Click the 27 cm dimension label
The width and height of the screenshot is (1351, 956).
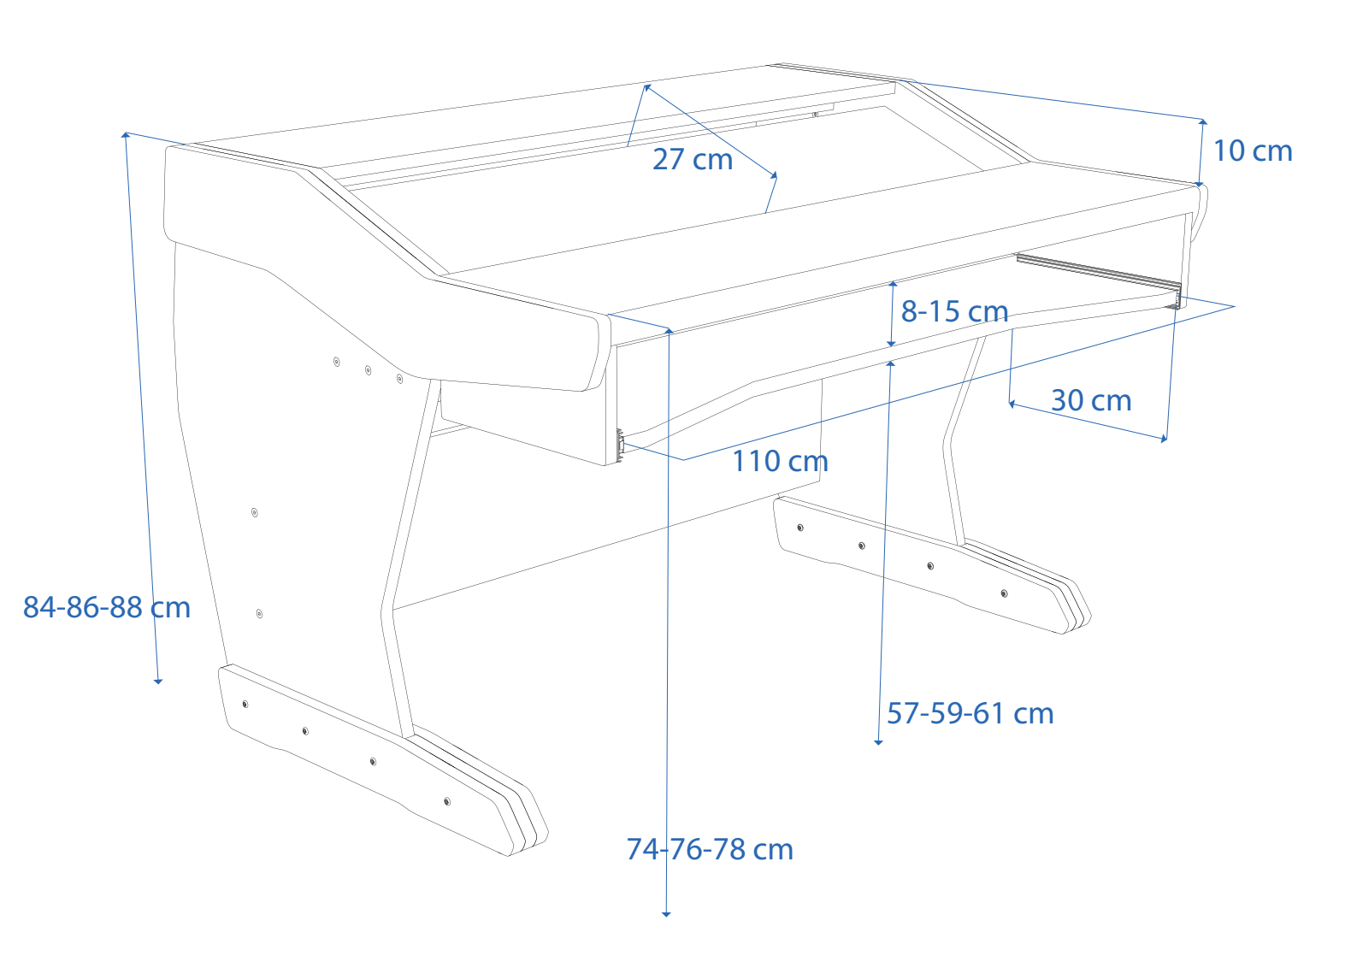[693, 159]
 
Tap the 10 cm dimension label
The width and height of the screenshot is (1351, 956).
[1253, 150]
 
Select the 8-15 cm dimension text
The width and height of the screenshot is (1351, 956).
[954, 311]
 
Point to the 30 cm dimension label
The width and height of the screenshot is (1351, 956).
[1091, 400]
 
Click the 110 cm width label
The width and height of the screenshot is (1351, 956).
[780, 461]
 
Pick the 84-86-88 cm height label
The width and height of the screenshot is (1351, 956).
[107, 607]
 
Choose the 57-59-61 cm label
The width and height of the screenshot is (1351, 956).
[970, 713]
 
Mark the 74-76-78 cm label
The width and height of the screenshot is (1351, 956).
[710, 849]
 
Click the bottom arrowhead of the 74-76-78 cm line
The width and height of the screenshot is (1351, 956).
[666, 913]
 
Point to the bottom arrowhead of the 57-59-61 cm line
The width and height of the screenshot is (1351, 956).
[878, 741]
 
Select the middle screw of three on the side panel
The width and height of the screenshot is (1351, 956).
[368, 370]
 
